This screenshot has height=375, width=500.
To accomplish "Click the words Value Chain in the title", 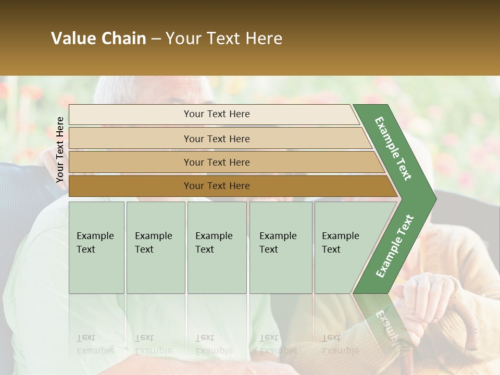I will click(98, 39).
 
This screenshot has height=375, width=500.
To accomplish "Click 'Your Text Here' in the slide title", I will click(224, 39).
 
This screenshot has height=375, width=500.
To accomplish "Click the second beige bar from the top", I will click(217, 139).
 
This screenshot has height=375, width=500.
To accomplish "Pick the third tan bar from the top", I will click(217, 162).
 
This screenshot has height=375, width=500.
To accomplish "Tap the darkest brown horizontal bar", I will click(217, 186).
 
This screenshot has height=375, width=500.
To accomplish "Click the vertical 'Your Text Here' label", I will click(60, 149).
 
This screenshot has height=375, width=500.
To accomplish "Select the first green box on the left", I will click(96, 247).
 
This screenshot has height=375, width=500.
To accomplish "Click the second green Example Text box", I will click(155, 247).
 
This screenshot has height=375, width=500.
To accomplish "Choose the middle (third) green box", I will click(217, 247).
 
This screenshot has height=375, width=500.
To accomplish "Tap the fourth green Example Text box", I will click(280, 247).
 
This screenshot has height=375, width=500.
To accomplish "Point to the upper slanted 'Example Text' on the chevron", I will click(393, 148).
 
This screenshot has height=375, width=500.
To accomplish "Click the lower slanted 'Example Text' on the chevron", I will click(395, 246).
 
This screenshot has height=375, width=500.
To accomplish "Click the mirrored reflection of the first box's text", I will click(95, 344).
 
